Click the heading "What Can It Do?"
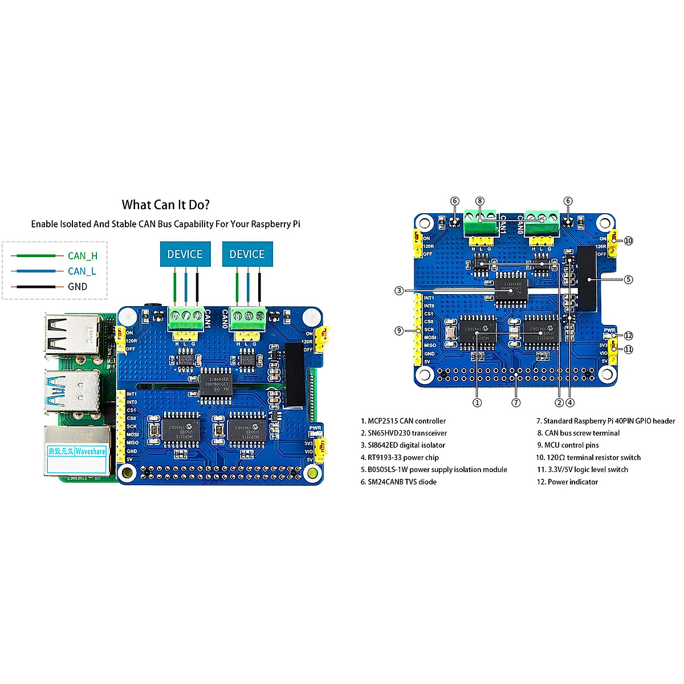(x=165, y=205)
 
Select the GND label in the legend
(x=78, y=287)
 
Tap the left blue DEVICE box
(x=185, y=254)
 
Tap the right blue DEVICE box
(x=247, y=254)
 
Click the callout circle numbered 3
(x=399, y=291)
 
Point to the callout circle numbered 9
(x=399, y=331)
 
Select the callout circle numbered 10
(x=628, y=241)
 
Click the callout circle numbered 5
(x=628, y=279)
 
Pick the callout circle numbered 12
(x=628, y=336)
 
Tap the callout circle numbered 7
(x=516, y=402)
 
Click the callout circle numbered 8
(x=480, y=201)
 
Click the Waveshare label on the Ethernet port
(x=90, y=451)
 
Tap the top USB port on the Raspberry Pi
(x=72, y=336)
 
